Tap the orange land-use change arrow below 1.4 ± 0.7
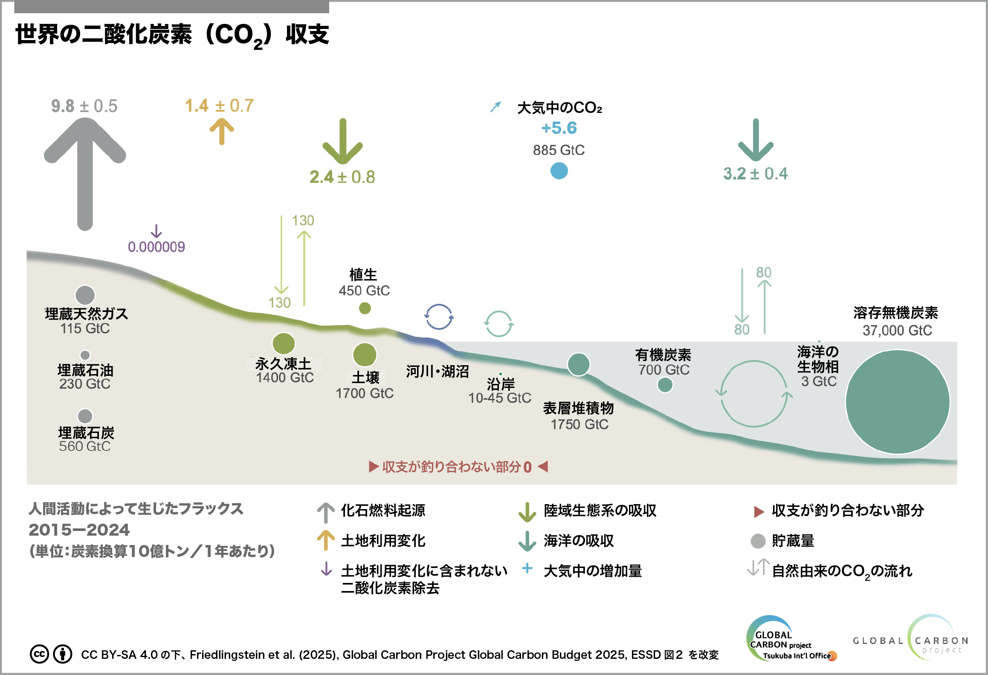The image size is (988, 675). pyautogui.click(x=222, y=131)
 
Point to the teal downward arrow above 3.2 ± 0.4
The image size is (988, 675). pyautogui.click(x=756, y=140)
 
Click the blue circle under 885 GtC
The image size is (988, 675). pyautogui.click(x=559, y=171)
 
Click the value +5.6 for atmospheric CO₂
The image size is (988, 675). pyautogui.click(x=559, y=128)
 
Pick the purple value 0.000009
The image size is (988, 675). pyautogui.click(x=156, y=247)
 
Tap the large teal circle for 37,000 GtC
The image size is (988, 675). pyautogui.click(x=897, y=401)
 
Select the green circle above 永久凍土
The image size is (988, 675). pyautogui.click(x=284, y=343)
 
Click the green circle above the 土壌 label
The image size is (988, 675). pyautogui.click(x=365, y=355)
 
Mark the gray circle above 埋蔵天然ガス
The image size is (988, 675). pyautogui.click(x=85, y=295)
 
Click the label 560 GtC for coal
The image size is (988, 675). pyautogui.click(x=85, y=446)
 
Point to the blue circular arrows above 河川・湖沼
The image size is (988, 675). pyautogui.click(x=439, y=317)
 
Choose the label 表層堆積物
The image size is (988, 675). pyautogui.click(x=578, y=408)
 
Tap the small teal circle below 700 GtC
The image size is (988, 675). pyautogui.click(x=665, y=385)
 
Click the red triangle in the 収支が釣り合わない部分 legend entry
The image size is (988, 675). pyautogui.click(x=759, y=511)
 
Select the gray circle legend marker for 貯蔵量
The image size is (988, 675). pyautogui.click(x=758, y=541)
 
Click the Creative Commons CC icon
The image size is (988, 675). pyautogui.click(x=39, y=654)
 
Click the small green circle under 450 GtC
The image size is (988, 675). pyautogui.click(x=365, y=308)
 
